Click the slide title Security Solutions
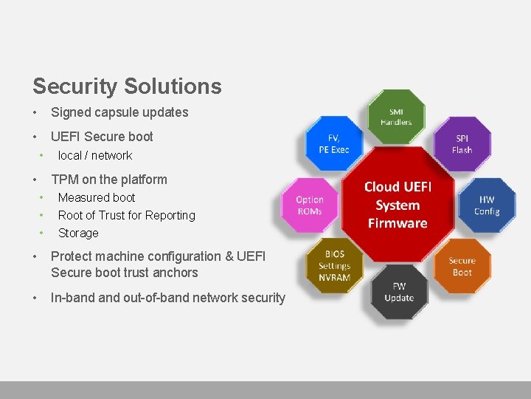(x=127, y=86)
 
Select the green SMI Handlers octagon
(x=396, y=117)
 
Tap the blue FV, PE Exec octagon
(x=334, y=143)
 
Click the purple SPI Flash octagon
(x=462, y=143)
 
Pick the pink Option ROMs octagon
(x=310, y=205)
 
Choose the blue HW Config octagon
(x=487, y=205)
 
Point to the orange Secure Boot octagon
(x=462, y=266)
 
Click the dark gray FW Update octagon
(x=398, y=292)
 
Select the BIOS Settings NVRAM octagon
(x=334, y=266)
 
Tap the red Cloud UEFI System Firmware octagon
(x=398, y=205)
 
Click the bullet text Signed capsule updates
(x=119, y=112)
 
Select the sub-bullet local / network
(x=95, y=155)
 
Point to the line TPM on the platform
(x=109, y=180)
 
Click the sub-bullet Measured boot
(x=97, y=197)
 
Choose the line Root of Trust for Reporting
(x=127, y=215)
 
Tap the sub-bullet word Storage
(x=78, y=233)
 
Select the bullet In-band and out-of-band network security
(x=167, y=298)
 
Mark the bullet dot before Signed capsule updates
(x=35, y=112)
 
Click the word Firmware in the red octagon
(x=398, y=223)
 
